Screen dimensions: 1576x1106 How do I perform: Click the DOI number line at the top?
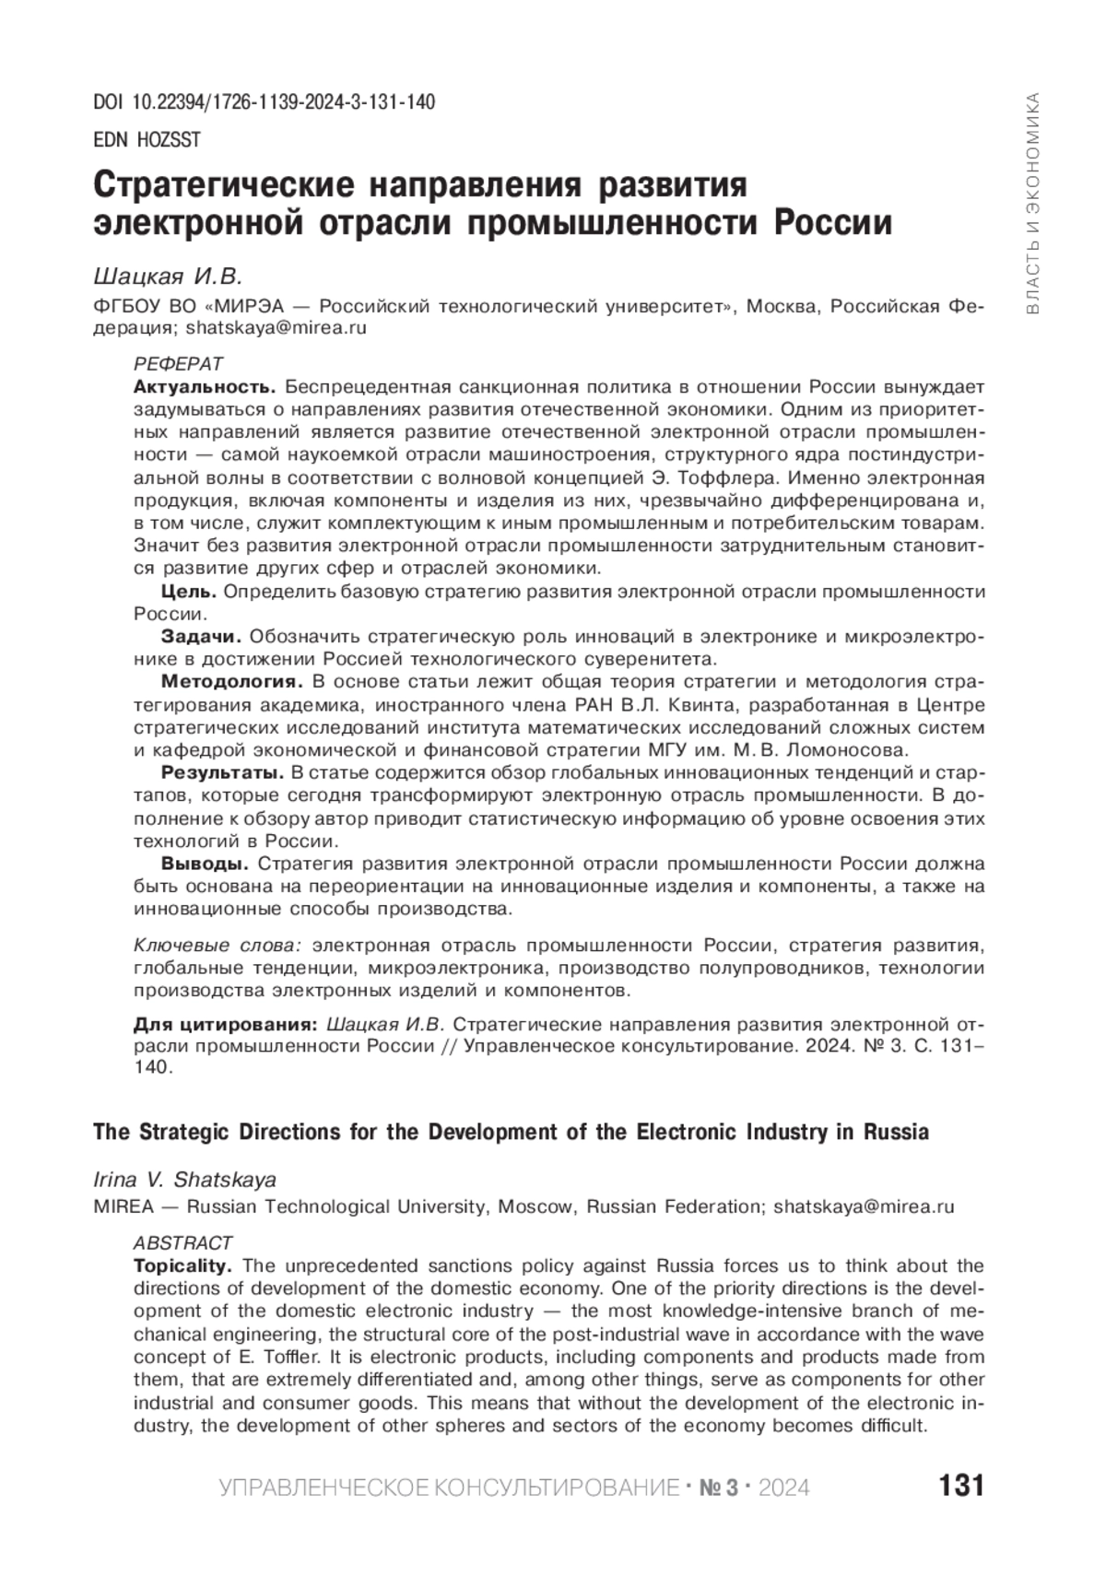pos(265,102)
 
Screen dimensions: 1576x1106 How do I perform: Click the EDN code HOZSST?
pos(147,140)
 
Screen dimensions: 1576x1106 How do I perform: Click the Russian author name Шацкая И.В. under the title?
pos(167,276)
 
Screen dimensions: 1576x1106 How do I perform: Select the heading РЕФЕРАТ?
pos(178,364)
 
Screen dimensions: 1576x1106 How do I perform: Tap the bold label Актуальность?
pos(205,386)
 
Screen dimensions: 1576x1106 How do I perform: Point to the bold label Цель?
pos(189,592)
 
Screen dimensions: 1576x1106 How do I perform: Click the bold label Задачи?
pos(201,637)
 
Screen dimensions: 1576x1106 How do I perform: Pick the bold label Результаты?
pos(221,772)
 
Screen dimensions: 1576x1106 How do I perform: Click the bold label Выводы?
pos(205,864)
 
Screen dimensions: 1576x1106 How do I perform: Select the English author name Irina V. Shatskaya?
pos(185,1181)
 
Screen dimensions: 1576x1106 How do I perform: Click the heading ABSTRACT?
pos(182,1243)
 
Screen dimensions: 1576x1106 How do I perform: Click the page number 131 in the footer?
pos(961,1487)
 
